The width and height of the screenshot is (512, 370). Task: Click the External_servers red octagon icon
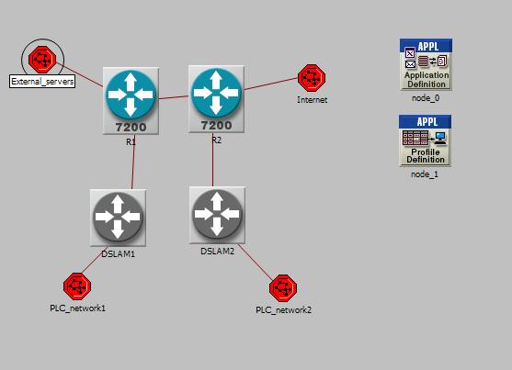[42, 60]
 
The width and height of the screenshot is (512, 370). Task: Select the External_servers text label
[42, 81]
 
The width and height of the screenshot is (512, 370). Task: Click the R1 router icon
[131, 101]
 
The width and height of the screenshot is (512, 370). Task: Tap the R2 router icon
[216, 99]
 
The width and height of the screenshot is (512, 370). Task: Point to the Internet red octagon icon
[312, 78]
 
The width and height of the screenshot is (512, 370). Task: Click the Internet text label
[313, 100]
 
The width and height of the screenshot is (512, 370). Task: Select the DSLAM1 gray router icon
[118, 218]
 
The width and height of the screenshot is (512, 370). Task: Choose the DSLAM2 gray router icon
[217, 215]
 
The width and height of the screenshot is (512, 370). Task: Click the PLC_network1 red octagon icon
[77, 286]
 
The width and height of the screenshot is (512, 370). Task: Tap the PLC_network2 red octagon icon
[283, 288]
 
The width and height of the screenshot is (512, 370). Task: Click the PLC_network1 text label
[78, 308]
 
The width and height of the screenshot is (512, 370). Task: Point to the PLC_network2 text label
[283, 310]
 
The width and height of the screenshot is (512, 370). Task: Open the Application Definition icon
[427, 64]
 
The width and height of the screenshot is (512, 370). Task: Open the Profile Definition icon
[426, 140]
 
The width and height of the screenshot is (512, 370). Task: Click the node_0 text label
[426, 98]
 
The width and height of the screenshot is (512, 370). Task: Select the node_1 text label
[425, 174]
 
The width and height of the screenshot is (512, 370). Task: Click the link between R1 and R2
[174, 97]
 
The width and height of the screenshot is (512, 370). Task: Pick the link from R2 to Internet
[271, 84]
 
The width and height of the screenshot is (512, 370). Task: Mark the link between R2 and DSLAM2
[212, 160]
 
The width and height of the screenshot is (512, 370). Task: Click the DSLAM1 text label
[119, 253]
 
